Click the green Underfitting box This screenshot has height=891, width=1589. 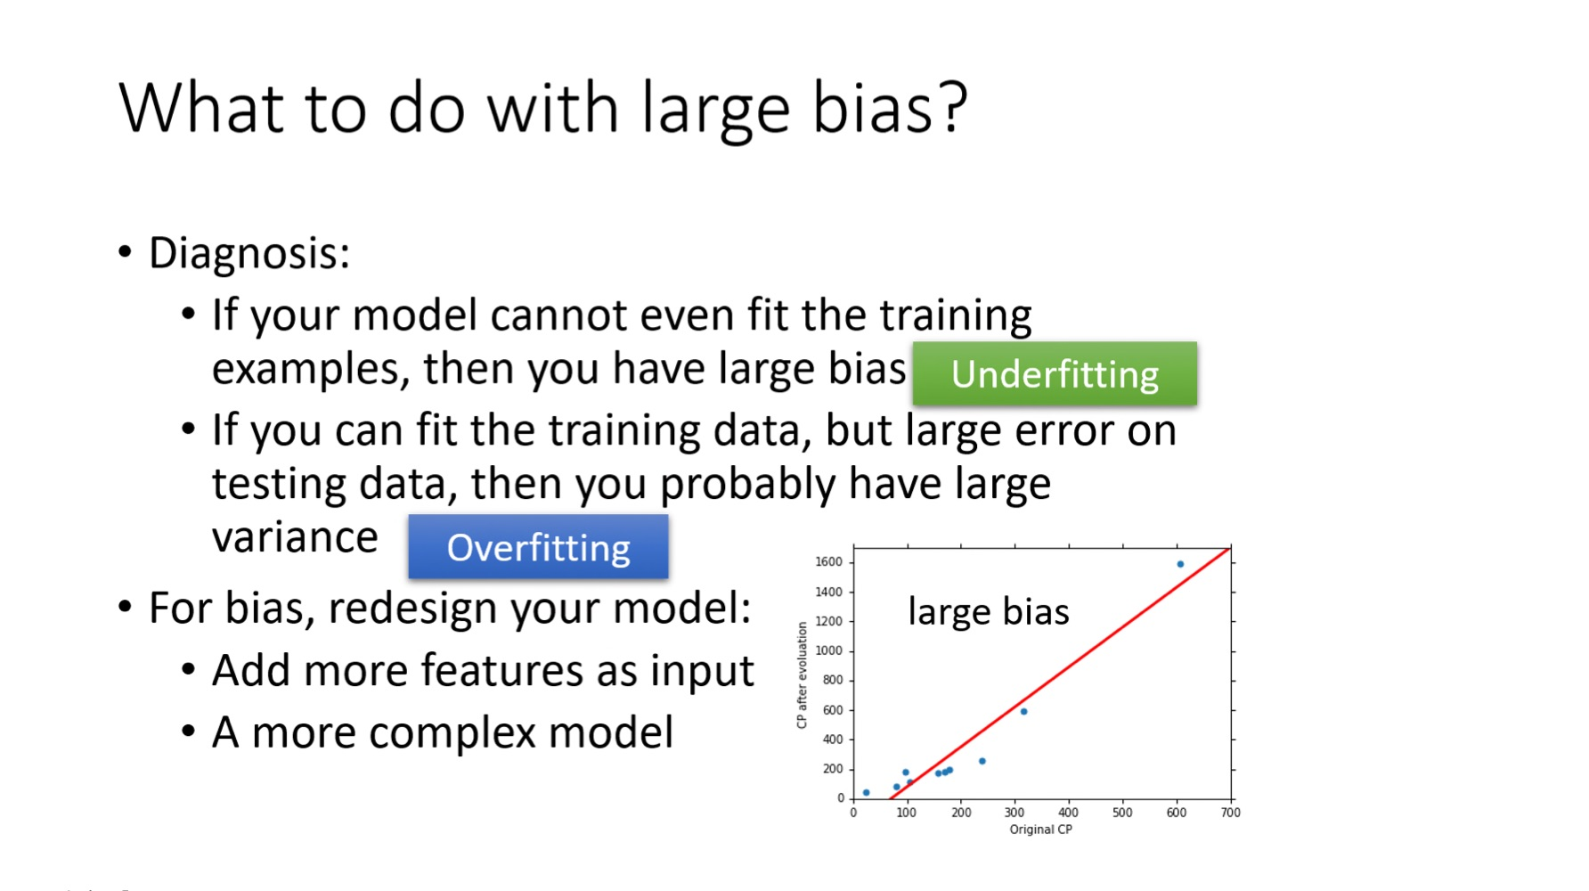click(x=1055, y=373)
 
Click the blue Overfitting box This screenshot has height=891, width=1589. click(x=538, y=546)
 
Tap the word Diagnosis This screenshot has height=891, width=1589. click(x=243, y=254)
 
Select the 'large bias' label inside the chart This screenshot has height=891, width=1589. click(x=989, y=612)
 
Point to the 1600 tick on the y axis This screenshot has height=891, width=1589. click(x=828, y=562)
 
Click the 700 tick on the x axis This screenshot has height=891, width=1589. click(x=1230, y=813)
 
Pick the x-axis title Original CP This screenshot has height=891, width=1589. click(x=1040, y=830)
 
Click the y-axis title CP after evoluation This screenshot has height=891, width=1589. click(x=802, y=674)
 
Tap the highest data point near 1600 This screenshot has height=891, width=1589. click(x=1180, y=564)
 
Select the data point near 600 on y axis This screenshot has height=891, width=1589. click(x=1023, y=711)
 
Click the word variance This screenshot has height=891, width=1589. click(x=295, y=538)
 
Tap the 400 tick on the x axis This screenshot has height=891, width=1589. click(x=1068, y=813)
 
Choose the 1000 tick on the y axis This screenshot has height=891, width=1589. click(x=828, y=651)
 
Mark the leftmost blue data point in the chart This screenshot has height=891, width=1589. click(x=866, y=792)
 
